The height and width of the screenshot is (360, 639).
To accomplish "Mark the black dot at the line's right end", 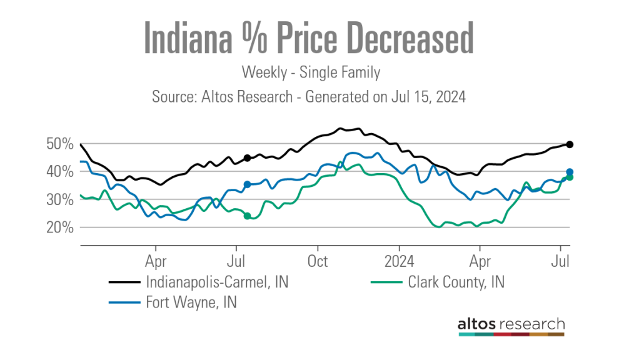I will (x=570, y=144).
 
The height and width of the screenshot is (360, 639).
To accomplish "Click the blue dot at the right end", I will (x=570, y=172).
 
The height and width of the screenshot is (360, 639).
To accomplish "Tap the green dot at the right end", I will (x=570, y=177).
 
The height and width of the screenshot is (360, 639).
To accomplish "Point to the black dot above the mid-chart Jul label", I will (x=247, y=158).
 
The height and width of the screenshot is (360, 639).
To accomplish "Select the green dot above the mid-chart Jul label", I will (x=247, y=216).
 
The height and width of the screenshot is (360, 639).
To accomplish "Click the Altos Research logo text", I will (x=511, y=324).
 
